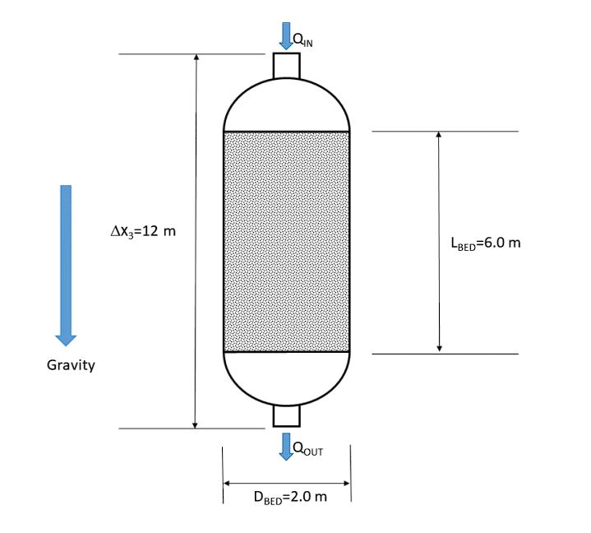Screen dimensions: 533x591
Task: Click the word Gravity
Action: pos(71,365)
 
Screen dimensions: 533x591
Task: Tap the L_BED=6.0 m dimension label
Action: pos(486,243)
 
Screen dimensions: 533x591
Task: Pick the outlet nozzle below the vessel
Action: pos(286,417)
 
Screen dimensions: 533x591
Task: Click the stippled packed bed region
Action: pos(286,241)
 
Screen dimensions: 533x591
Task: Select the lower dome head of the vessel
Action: pos(286,378)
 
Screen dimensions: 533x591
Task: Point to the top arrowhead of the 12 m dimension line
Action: pos(195,58)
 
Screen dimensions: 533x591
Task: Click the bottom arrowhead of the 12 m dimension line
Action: pos(195,424)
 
